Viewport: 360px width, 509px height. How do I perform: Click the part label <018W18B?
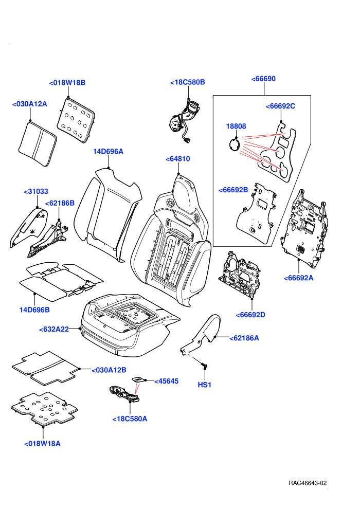pos(67,83)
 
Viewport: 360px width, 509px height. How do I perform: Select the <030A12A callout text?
pos(29,104)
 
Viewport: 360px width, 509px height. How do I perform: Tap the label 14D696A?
pos(108,152)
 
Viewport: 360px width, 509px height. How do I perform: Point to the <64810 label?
pos(178,159)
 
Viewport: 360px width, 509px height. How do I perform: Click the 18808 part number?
pos(236,126)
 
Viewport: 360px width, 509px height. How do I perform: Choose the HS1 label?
pos(205,385)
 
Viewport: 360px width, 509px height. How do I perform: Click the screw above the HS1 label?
pos(205,366)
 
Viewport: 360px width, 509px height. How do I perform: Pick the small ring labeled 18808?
pos(234,144)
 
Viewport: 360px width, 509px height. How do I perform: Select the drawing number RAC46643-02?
pos(308,483)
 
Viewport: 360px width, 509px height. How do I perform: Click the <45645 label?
pos(166,381)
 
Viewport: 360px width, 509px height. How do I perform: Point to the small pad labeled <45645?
pos(138,379)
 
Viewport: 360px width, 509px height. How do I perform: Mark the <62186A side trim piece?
pos(201,334)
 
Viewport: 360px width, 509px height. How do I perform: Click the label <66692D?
pos(250,315)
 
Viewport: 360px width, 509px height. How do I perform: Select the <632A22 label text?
pos(54,330)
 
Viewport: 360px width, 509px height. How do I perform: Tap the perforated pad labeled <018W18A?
pos(44,409)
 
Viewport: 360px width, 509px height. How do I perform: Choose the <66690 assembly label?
pos(263,79)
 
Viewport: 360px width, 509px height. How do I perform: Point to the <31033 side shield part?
pos(29,227)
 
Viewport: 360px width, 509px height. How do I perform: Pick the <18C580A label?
pos(130,419)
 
